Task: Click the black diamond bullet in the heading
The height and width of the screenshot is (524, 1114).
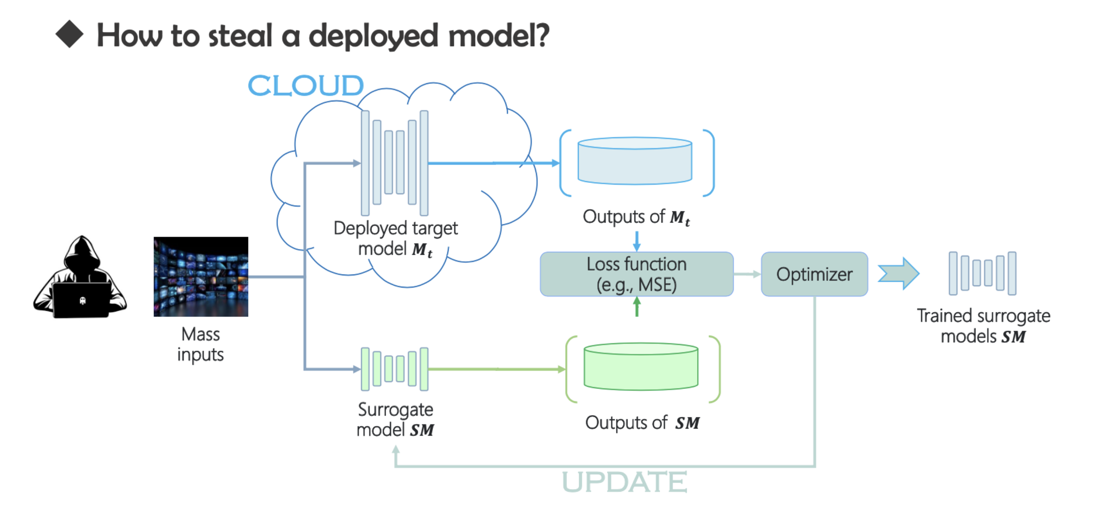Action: point(69,34)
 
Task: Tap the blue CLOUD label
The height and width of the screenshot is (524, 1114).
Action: point(305,85)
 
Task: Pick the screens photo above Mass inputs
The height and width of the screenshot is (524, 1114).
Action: point(201,277)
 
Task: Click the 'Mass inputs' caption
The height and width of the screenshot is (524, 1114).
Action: point(201,345)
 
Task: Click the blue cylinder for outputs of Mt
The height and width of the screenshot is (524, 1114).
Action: point(634,161)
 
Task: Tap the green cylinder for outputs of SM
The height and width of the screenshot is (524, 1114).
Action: point(641,367)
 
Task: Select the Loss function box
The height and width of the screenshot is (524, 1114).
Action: point(636,274)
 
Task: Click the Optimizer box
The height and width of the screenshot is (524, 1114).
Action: point(814,274)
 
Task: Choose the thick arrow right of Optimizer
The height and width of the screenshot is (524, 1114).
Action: point(899,274)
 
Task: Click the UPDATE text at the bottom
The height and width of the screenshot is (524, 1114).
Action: point(624,482)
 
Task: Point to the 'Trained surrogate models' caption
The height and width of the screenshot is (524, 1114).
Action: point(983,326)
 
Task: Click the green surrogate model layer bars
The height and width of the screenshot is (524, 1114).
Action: point(394,369)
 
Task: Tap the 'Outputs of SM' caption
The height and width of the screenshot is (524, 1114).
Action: point(642,423)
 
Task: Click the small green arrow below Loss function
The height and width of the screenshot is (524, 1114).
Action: point(637,307)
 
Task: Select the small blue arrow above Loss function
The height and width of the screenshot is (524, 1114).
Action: point(637,241)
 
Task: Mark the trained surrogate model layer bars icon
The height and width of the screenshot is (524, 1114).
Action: point(982,273)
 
